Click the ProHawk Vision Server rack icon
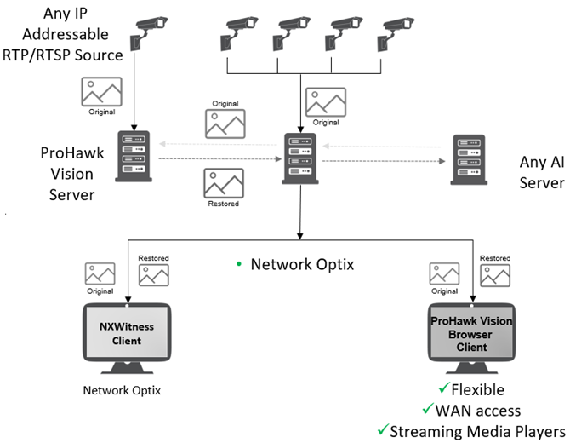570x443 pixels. tap(133, 157)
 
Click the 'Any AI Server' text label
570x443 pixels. tap(541, 172)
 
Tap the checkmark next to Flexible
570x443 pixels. tap(443, 390)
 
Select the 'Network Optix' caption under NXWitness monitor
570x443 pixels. tap(122, 391)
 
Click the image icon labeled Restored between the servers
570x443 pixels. tap(224, 182)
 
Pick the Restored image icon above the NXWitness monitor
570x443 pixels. tap(154, 274)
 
